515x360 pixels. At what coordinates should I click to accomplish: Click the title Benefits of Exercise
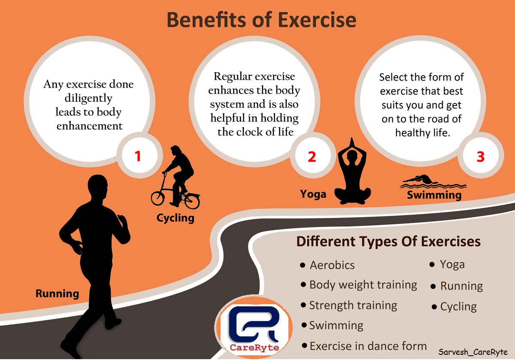tap(261, 20)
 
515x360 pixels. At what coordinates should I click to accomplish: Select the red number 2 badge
tap(312, 157)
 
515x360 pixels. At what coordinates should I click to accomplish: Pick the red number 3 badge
tap(480, 157)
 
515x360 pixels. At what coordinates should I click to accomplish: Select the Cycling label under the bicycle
tap(175, 218)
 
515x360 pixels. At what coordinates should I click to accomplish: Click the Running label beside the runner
tap(57, 294)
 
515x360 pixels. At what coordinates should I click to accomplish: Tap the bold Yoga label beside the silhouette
tap(313, 194)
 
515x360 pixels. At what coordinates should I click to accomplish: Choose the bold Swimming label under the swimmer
tap(434, 195)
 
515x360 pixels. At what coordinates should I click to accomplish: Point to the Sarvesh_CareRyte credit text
tap(473, 352)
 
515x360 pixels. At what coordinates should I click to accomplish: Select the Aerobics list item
tap(332, 265)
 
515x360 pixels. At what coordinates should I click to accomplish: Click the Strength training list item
tap(353, 306)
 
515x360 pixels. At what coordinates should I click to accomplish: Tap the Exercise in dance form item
tap(368, 346)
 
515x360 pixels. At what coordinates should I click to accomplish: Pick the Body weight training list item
tap(363, 285)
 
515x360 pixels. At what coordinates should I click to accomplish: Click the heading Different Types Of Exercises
tap(388, 242)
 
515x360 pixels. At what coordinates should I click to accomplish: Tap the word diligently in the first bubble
tap(88, 98)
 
